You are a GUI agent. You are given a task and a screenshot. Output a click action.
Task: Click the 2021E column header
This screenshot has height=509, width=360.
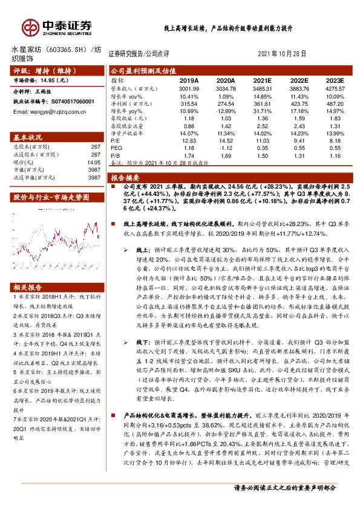click(x=263, y=79)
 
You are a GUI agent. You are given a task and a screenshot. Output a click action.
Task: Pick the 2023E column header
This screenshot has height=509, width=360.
click(x=335, y=79)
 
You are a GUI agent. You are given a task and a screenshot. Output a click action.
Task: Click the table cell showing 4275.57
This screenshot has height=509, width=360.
click(x=335, y=88)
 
